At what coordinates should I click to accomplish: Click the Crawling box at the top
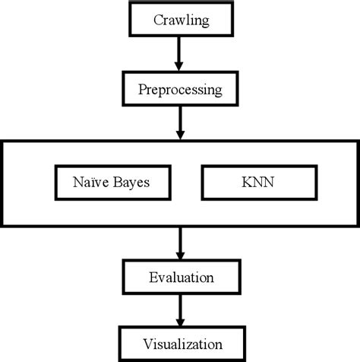(180, 19)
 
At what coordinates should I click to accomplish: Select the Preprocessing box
(180, 90)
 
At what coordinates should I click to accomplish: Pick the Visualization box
(180, 343)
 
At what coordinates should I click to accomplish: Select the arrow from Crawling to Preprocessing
(180, 53)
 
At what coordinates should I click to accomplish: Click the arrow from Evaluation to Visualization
(180, 310)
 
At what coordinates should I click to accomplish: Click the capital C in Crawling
(157, 20)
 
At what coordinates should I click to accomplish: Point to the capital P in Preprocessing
(142, 90)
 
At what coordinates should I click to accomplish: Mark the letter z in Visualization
(187, 344)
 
